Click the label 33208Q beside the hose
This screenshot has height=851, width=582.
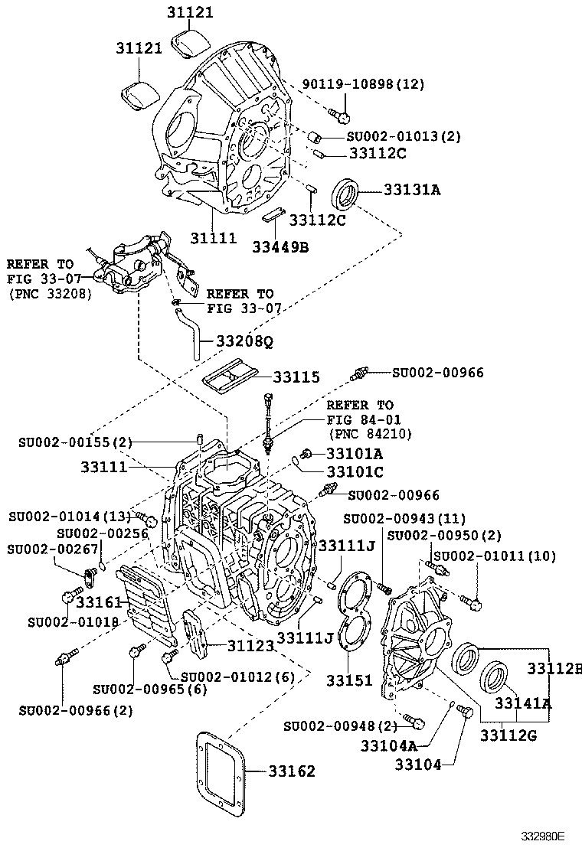(244, 341)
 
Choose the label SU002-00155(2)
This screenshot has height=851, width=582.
(76, 442)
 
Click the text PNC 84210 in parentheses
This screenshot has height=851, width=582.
(369, 434)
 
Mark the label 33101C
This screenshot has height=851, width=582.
(355, 471)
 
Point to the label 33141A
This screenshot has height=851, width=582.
(522, 703)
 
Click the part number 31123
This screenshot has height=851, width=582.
(250, 646)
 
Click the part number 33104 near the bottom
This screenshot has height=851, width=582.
(418, 763)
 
